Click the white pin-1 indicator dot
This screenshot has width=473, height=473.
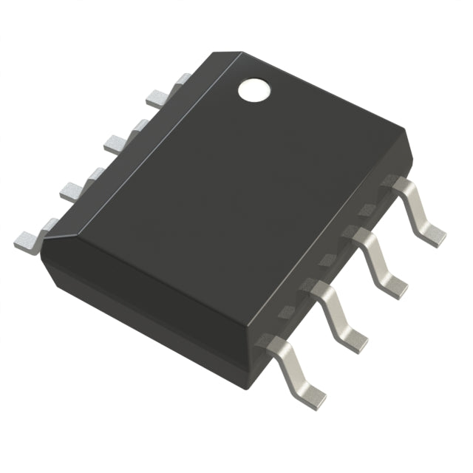[x=253, y=89]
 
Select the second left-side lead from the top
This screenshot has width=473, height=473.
[x=119, y=142]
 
